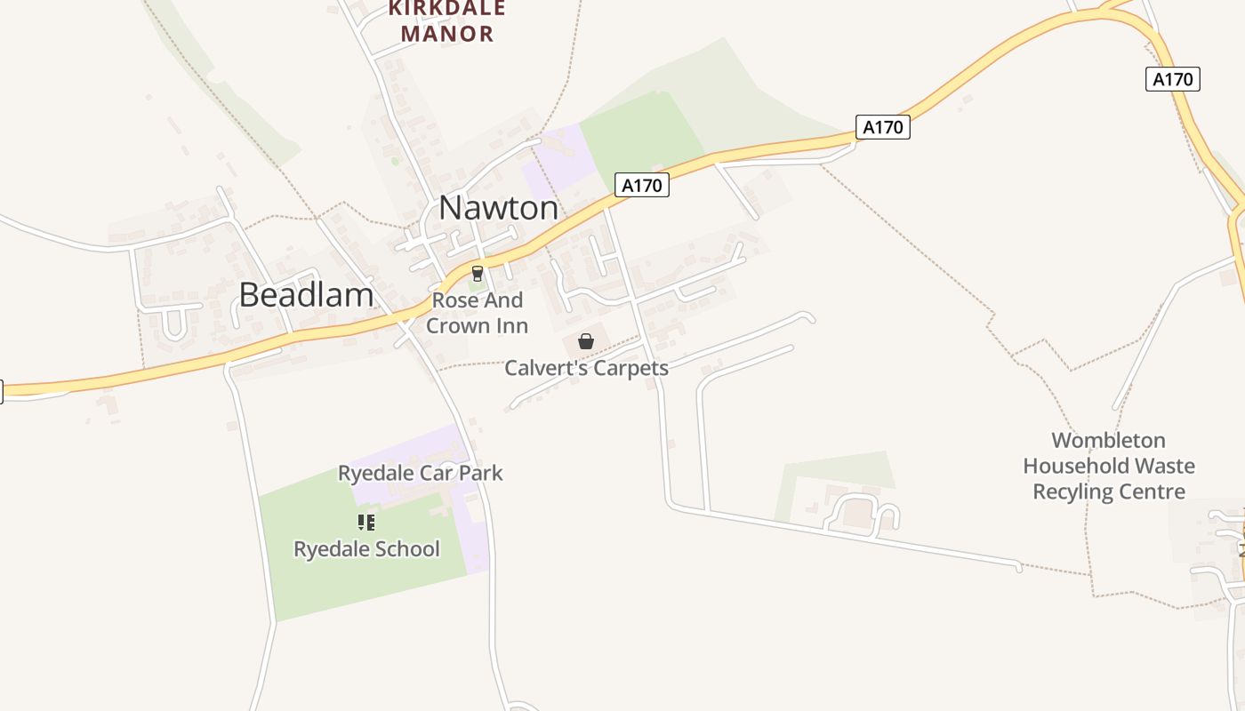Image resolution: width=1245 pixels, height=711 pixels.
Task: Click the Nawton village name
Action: pos(499,208)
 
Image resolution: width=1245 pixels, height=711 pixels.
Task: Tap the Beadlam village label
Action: pos(306,295)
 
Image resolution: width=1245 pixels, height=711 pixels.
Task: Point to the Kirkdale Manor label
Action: pos(447,21)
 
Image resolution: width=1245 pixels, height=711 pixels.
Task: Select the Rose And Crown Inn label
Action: pos(477,313)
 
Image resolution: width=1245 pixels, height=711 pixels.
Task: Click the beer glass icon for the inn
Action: pos(478,274)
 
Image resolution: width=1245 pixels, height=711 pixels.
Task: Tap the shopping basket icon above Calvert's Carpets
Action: pos(586,341)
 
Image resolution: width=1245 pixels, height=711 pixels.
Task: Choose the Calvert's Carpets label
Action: pos(586,367)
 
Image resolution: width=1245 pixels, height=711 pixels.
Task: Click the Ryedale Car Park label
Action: pos(420,473)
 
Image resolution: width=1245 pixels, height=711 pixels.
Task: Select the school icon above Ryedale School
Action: pos(366,523)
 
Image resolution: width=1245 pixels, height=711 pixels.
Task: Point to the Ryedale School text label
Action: pos(366,549)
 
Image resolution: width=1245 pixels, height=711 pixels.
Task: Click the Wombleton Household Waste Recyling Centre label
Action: pos(1108,466)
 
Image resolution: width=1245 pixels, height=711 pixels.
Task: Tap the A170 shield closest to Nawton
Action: pos(642,186)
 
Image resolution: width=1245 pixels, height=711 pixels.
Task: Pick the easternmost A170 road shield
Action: pos(1172,79)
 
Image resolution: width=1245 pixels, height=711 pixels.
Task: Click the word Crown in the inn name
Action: pos(456,325)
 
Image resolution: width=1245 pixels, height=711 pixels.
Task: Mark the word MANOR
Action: pos(447,35)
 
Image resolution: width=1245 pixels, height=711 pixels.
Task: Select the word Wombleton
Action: pos(1108,441)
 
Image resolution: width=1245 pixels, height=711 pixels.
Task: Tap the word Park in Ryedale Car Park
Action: pos(481,473)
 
